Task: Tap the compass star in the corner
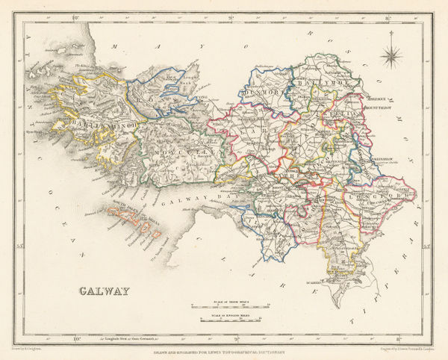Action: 391,56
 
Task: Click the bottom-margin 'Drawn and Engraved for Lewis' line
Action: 225,351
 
